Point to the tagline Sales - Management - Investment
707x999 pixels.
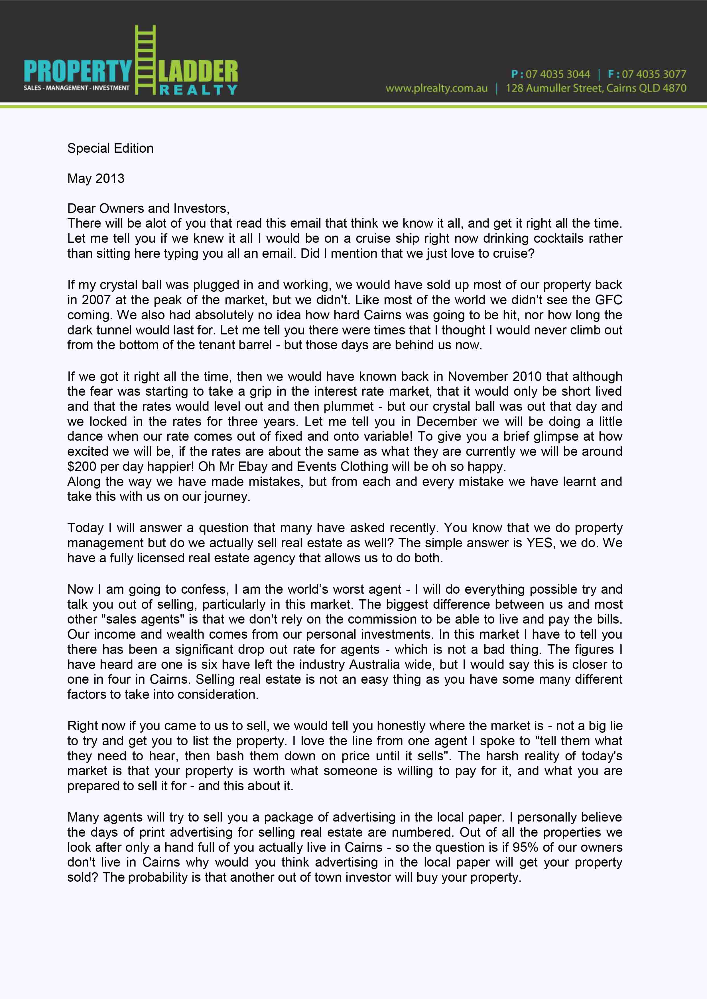77,88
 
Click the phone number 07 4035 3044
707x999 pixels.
558,74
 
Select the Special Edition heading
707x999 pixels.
110,148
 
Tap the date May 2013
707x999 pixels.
96,178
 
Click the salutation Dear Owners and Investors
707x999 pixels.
148,209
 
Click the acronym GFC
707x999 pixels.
609,300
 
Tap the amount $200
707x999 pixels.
82,466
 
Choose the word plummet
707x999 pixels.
349,406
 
